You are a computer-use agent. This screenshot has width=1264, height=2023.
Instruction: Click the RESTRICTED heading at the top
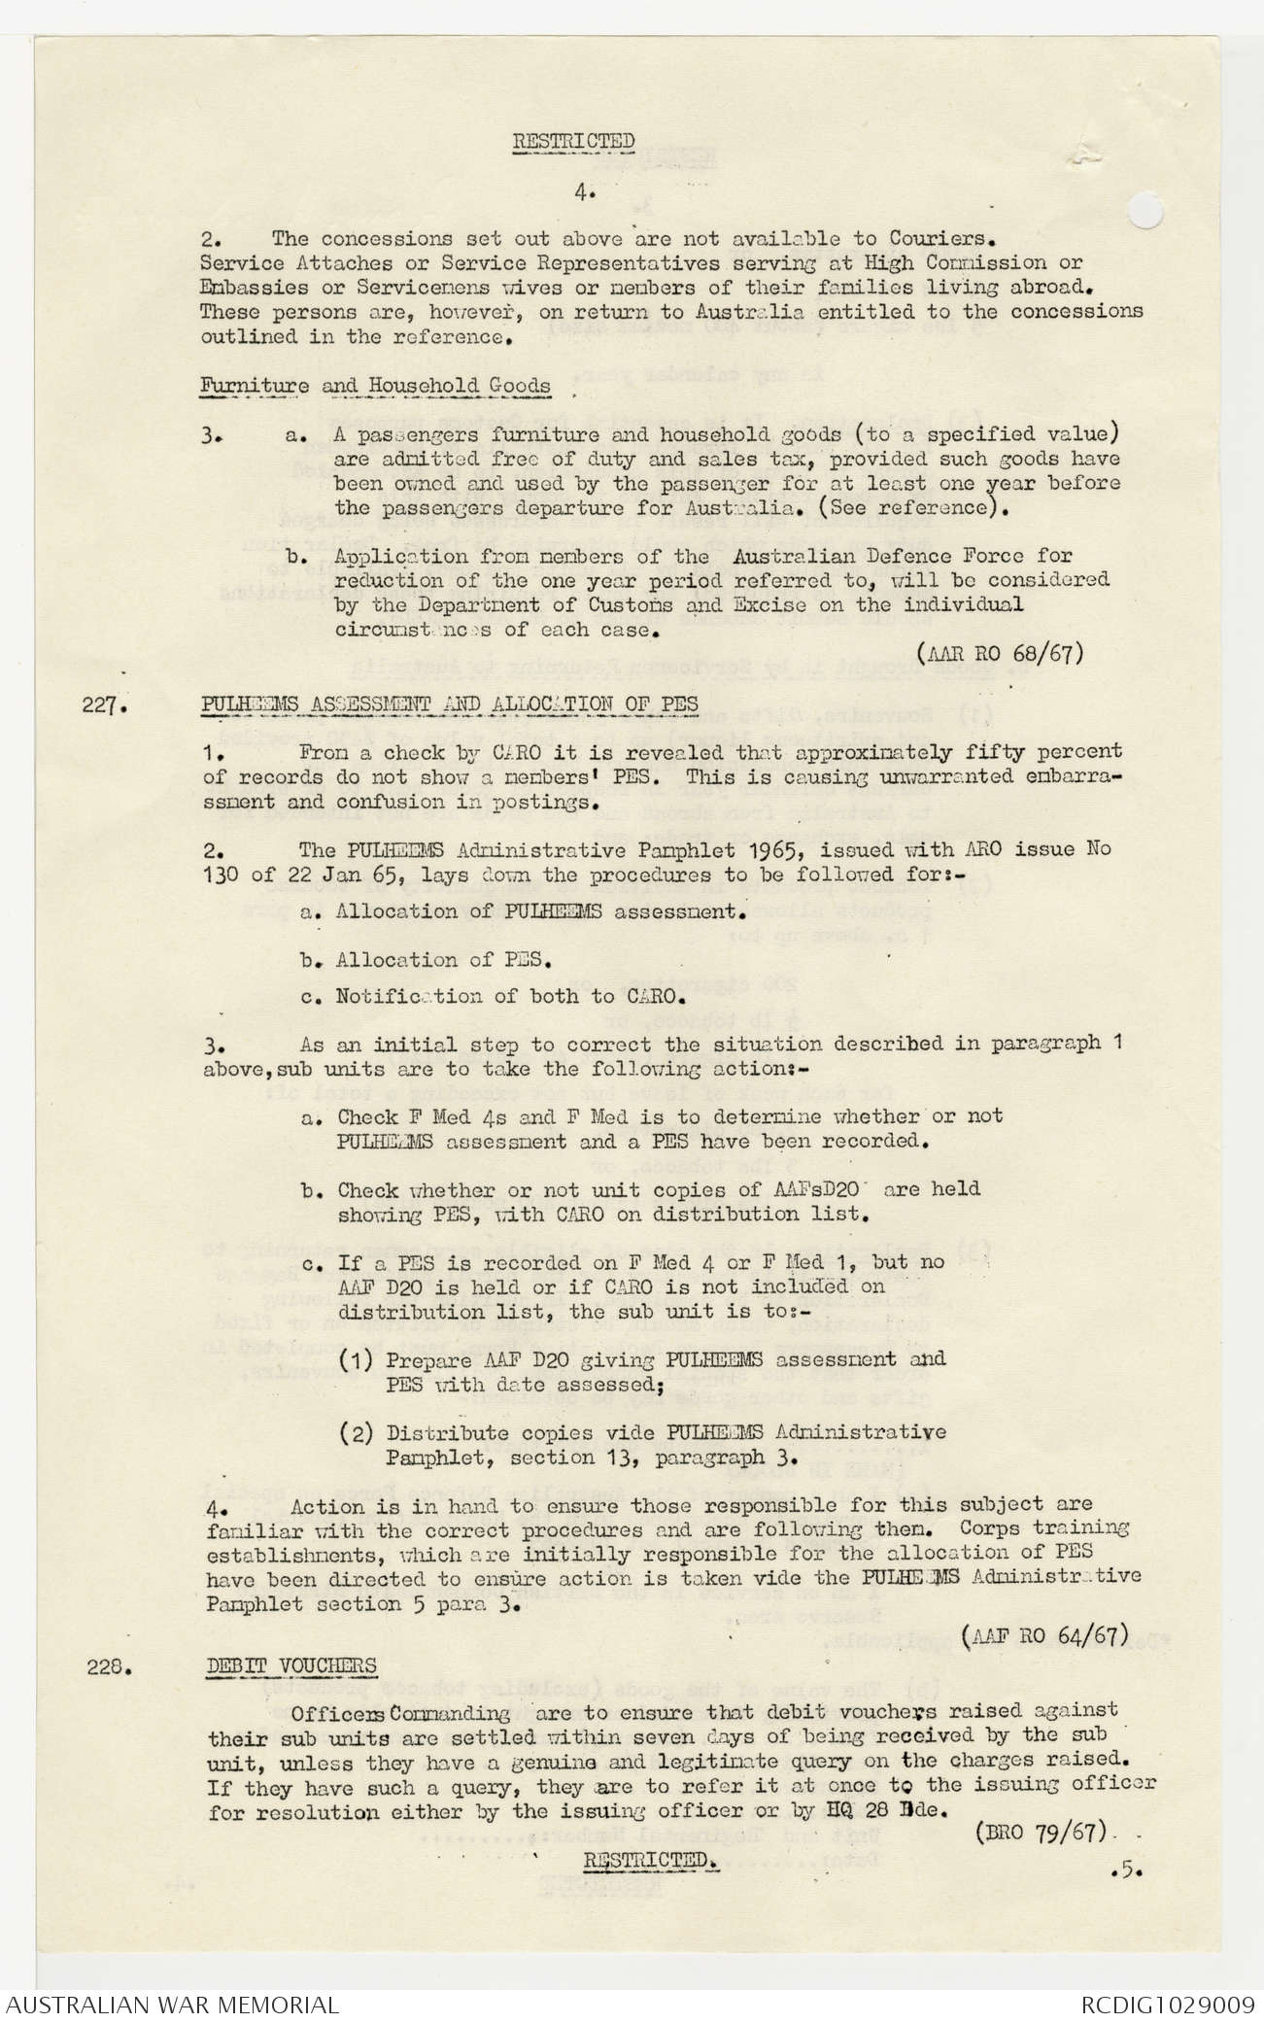coord(573,141)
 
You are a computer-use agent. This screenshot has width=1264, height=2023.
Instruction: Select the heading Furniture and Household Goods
coord(375,386)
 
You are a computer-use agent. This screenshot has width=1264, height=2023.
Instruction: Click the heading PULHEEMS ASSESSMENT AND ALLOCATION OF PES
coord(450,703)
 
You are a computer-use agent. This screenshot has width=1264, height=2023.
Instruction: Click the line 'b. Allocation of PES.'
coord(427,960)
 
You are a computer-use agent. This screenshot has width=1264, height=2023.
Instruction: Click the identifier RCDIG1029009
coord(1167,2003)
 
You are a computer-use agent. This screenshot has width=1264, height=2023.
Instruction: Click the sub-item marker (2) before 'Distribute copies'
coord(358,1432)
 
